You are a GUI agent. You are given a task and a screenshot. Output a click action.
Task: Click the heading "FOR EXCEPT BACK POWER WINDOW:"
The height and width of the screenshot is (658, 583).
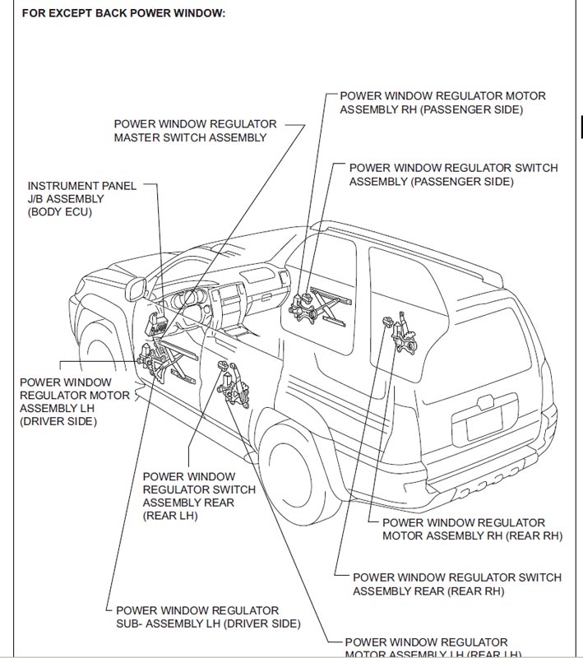(123, 13)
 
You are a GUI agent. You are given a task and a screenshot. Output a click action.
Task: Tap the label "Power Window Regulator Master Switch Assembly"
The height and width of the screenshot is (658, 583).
(195, 131)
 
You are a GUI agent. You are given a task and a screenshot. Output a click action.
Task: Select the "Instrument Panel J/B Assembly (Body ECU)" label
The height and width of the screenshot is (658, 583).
(81, 199)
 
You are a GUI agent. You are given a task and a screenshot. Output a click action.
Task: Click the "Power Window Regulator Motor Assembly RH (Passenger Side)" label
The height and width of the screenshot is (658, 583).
(442, 103)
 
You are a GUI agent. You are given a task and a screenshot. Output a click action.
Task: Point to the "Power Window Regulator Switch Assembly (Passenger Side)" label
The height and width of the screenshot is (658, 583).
(453, 174)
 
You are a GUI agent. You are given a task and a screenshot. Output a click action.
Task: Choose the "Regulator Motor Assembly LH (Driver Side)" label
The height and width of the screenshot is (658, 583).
(75, 402)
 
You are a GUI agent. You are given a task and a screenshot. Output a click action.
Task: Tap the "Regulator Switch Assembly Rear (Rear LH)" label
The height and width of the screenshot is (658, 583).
(199, 496)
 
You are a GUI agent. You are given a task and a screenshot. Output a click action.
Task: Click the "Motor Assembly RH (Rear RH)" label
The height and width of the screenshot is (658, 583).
(472, 529)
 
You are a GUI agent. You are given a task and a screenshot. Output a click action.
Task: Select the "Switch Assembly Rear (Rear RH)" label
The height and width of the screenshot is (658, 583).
(456, 584)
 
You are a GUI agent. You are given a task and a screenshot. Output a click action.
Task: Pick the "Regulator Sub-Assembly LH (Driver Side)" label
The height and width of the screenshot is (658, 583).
(208, 617)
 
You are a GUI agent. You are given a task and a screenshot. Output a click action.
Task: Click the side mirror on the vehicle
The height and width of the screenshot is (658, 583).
(136, 290)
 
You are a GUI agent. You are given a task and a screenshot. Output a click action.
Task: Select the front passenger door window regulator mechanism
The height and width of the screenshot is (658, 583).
(320, 307)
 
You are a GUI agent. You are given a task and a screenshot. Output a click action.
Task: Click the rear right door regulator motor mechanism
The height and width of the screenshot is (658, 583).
(401, 333)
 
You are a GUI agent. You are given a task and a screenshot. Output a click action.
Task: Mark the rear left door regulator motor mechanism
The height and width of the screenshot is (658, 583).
(234, 385)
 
